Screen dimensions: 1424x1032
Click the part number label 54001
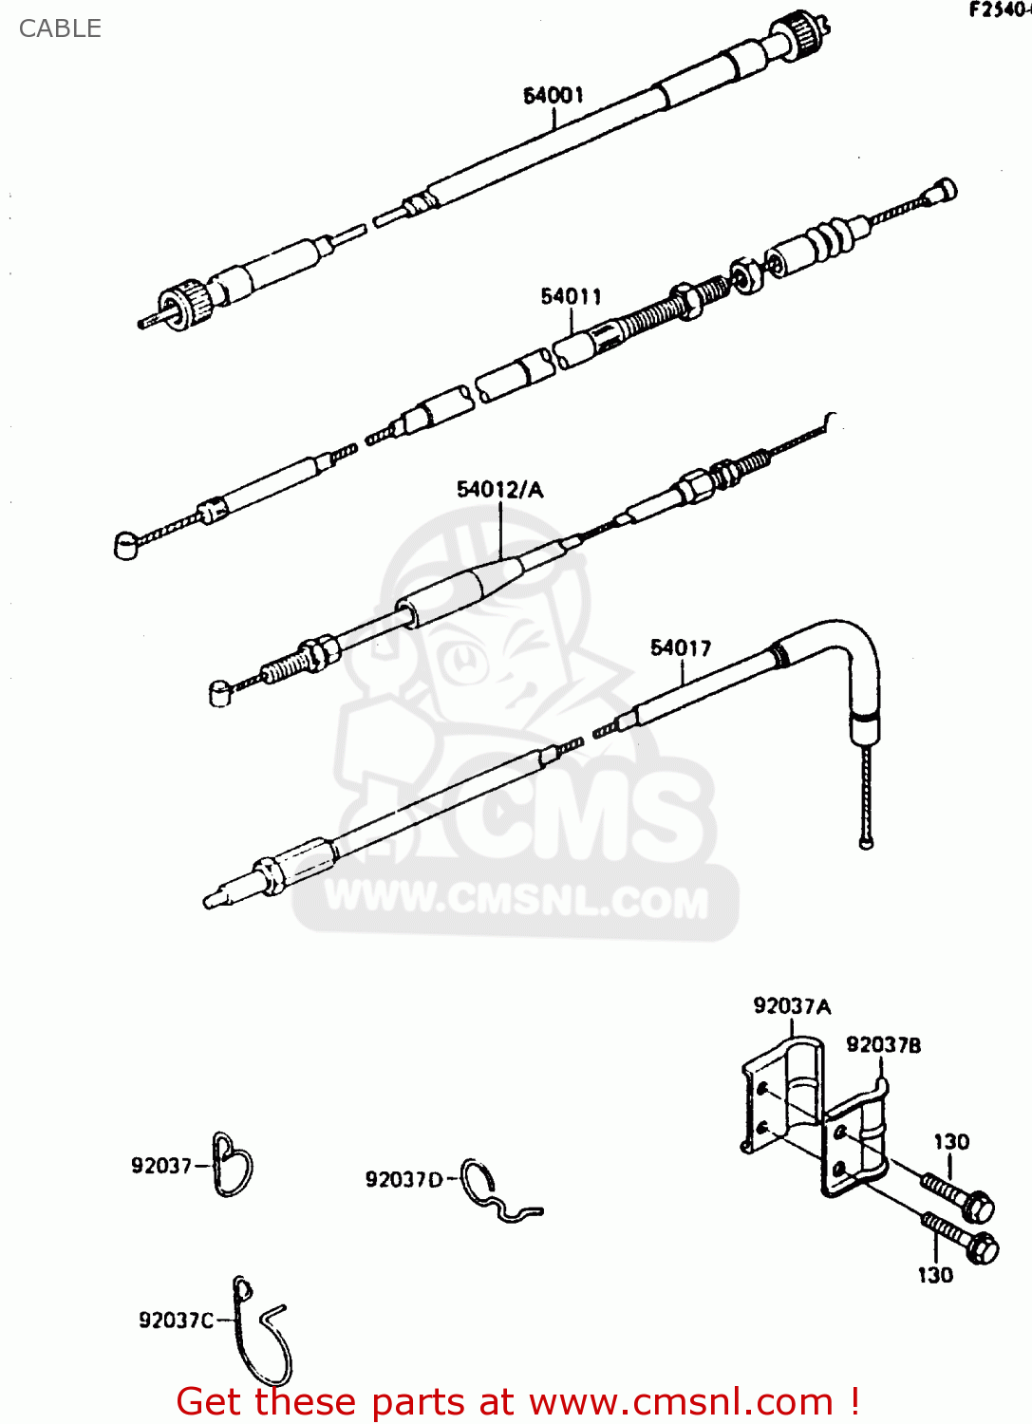(x=554, y=95)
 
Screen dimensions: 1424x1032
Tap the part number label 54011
(x=571, y=296)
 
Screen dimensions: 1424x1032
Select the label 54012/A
(x=499, y=490)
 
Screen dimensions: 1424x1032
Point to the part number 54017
(x=681, y=647)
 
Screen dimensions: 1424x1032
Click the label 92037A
(x=792, y=1006)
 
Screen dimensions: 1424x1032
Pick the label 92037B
(x=883, y=1045)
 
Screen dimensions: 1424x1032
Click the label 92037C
(x=177, y=1321)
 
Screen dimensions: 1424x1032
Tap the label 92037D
(x=403, y=1179)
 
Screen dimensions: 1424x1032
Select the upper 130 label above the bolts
(x=951, y=1142)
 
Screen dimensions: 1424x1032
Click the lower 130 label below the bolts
(x=935, y=1276)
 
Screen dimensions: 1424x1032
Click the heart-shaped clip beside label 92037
(x=233, y=1165)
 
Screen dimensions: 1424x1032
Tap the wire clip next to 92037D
(x=498, y=1194)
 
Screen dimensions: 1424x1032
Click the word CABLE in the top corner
(x=60, y=28)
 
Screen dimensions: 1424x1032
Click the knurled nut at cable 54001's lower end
(x=186, y=304)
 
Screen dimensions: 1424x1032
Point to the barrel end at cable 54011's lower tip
(x=126, y=547)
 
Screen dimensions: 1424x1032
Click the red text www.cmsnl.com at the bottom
(x=680, y=1402)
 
